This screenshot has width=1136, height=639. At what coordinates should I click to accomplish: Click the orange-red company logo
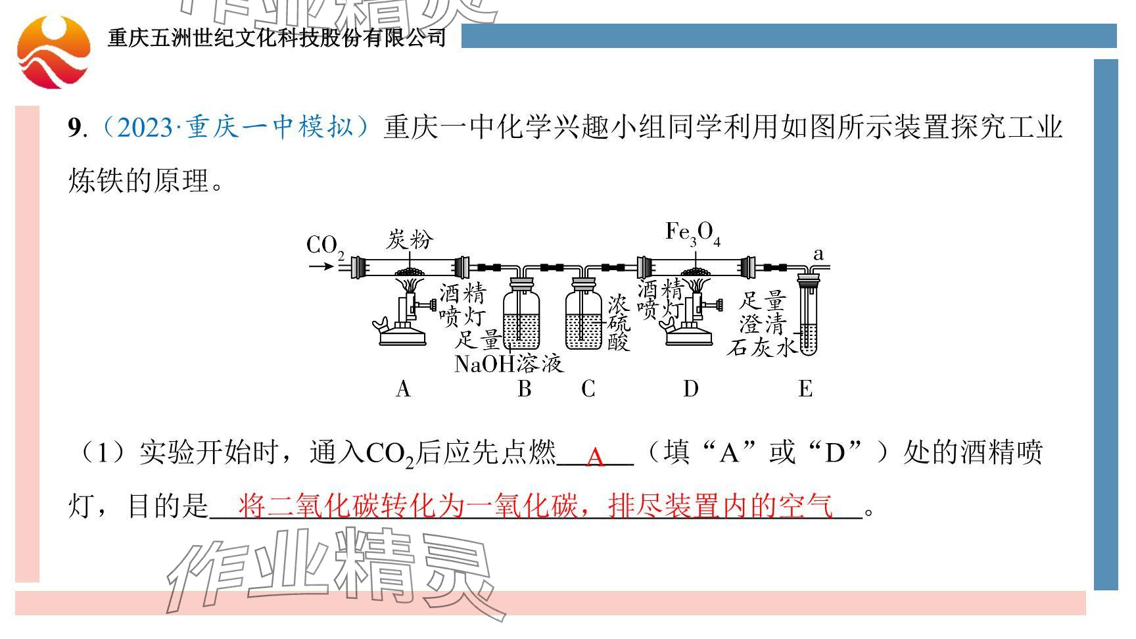[x=53, y=52]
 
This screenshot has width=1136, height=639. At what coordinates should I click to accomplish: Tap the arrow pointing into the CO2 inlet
[x=321, y=266]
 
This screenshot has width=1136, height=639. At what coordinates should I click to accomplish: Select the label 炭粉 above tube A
[x=409, y=239]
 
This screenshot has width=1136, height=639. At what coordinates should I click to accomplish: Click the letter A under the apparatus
[x=403, y=389]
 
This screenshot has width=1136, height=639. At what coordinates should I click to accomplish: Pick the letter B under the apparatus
[x=524, y=389]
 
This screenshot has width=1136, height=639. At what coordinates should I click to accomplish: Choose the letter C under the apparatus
[x=588, y=389]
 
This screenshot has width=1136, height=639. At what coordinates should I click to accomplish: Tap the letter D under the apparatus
[x=690, y=389]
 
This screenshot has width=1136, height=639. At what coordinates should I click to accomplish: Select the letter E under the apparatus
[x=805, y=389]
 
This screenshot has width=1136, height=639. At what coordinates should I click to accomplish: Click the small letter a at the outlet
[x=818, y=254]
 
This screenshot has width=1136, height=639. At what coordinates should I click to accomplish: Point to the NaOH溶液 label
[x=509, y=364]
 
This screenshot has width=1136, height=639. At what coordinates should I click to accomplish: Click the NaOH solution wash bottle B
[x=521, y=319]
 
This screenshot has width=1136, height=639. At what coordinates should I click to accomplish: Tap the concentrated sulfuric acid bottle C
[x=584, y=319]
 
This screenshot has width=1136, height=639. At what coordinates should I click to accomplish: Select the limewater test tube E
[x=808, y=319]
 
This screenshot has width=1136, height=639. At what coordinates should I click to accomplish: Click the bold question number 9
[x=74, y=127]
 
